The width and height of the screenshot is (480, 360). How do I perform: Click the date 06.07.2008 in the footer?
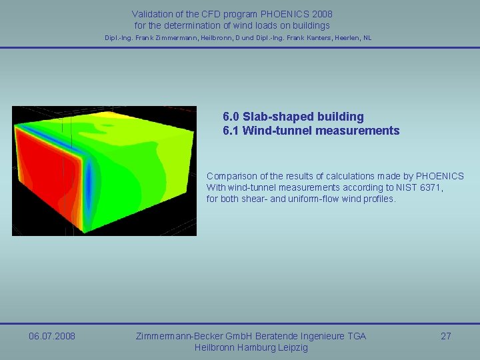click(x=52, y=336)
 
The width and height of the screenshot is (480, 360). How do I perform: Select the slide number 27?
click(x=446, y=336)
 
